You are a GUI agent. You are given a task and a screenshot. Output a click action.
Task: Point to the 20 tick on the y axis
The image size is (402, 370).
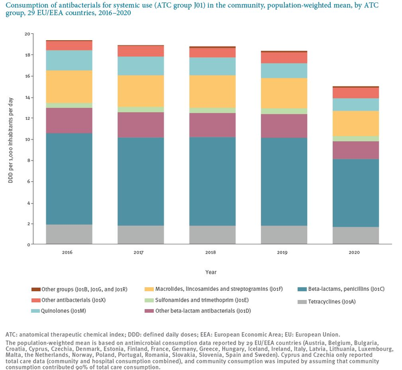[x=26, y=34]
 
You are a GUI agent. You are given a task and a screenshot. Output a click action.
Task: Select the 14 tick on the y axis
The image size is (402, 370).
[x=26, y=97]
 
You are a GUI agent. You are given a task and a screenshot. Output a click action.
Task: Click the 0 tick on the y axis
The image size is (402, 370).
[x=28, y=244]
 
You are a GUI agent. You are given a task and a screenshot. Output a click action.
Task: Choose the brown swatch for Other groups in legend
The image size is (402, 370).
[x=36, y=289]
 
